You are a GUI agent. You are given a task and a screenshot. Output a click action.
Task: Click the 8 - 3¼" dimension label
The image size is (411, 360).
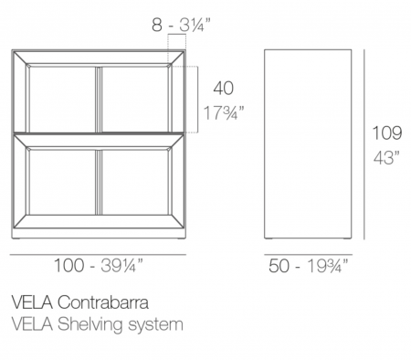(x=181, y=25)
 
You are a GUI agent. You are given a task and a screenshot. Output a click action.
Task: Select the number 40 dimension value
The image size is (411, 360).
(x=224, y=89)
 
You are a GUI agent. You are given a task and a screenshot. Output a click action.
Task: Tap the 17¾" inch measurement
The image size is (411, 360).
(x=224, y=112)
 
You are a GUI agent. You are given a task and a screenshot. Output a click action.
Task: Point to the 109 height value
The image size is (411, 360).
(x=387, y=132)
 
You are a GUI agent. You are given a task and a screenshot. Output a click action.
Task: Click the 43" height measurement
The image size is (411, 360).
(x=386, y=157)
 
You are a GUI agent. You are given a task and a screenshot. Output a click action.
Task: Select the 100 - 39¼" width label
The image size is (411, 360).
(x=98, y=265)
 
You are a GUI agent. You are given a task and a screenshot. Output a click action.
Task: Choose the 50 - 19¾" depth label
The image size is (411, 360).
(x=308, y=266)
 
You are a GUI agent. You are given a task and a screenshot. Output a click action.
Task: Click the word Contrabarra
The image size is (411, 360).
(x=103, y=302)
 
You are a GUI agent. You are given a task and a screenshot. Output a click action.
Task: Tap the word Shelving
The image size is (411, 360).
(x=90, y=325)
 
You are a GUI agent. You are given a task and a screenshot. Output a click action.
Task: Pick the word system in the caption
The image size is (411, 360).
(x=155, y=325)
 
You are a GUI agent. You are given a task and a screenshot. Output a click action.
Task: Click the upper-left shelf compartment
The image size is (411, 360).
(x=62, y=100)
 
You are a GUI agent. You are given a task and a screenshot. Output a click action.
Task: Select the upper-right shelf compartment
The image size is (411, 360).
(x=135, y=100)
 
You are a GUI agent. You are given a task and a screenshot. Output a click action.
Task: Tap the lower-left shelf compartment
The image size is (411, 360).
(x=62, y=182)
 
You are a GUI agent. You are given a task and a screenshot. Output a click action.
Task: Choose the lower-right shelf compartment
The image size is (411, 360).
(x=135, y=182)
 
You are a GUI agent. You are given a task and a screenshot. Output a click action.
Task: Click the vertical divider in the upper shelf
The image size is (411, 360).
(x=99, y=100)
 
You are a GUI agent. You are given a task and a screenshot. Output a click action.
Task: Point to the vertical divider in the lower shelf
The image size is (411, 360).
(x=99, y=182)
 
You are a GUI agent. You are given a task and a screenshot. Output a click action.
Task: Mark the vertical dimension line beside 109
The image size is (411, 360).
(x=364, y=144)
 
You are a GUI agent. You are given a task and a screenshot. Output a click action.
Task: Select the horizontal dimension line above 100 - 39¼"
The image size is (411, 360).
(x=98, y=254)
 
